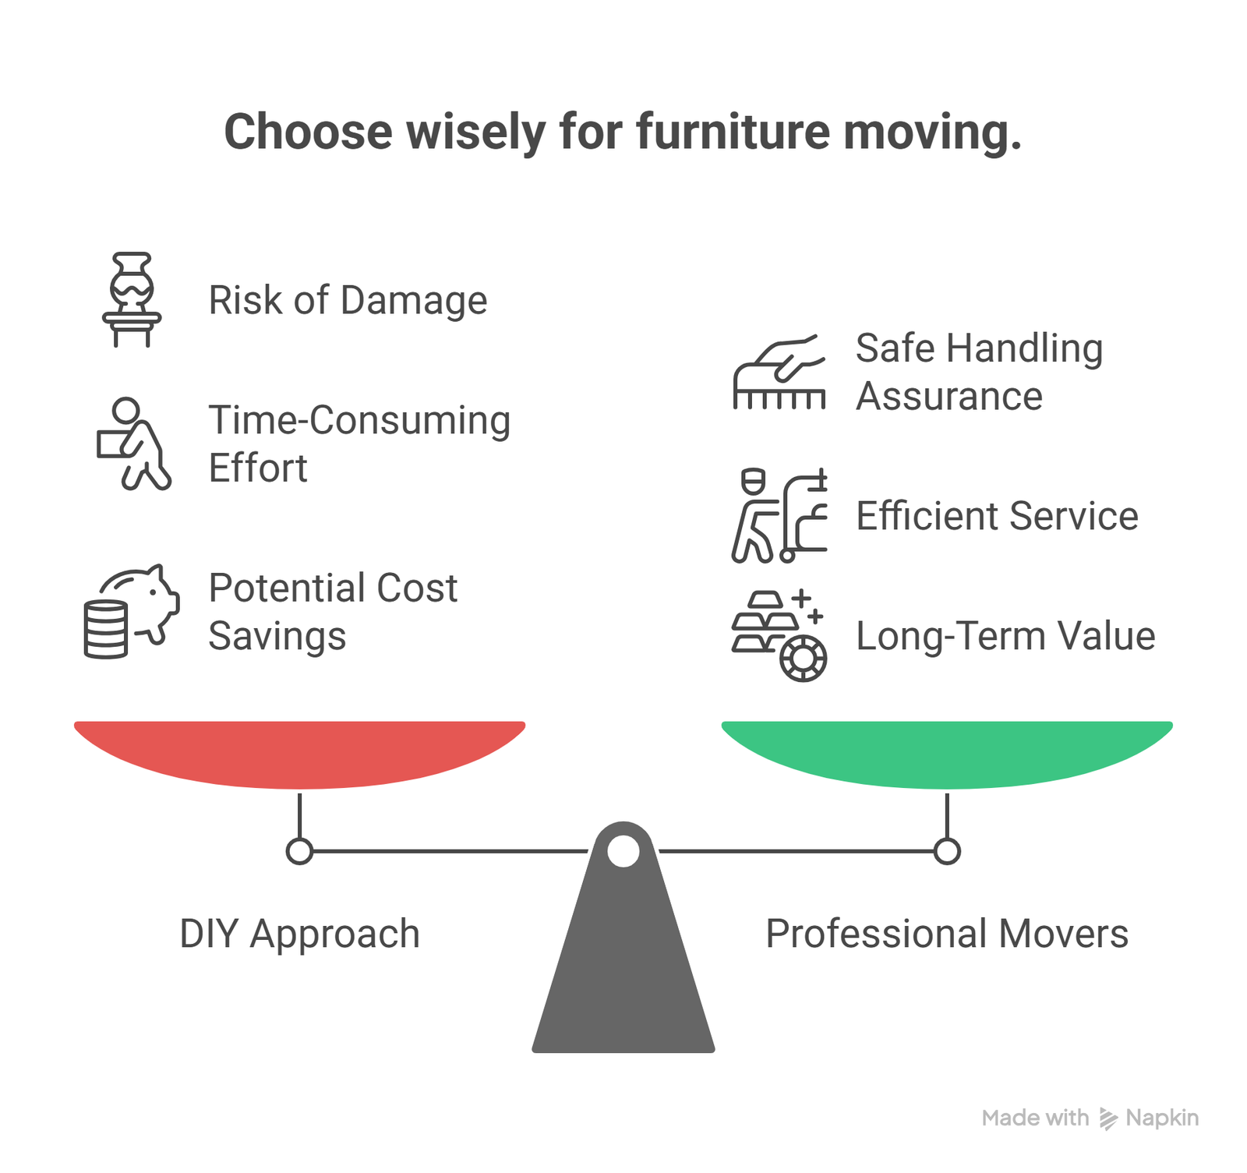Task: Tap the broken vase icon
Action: pos(132,299)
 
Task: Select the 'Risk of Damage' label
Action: pos(348,300)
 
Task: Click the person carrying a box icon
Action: pos(132,443)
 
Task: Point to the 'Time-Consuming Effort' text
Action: pos(359,443)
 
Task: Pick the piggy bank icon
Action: pos(132,611)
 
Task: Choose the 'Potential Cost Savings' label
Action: pos(333,612)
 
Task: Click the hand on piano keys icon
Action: pos(779,372)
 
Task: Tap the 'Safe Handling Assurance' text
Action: pos(980,372)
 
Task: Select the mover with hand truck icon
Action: pos(779,515)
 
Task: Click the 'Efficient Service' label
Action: pos(997,516)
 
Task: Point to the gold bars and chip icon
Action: pos(779,635)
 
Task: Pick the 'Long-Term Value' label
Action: pos(1005,636)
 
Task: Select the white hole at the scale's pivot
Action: pos(623,850)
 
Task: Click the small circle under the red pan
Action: pos(299,851)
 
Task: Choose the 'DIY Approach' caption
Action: pos(299,934)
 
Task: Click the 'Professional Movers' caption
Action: pos(947,934)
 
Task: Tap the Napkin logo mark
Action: pos(1107,1118)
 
